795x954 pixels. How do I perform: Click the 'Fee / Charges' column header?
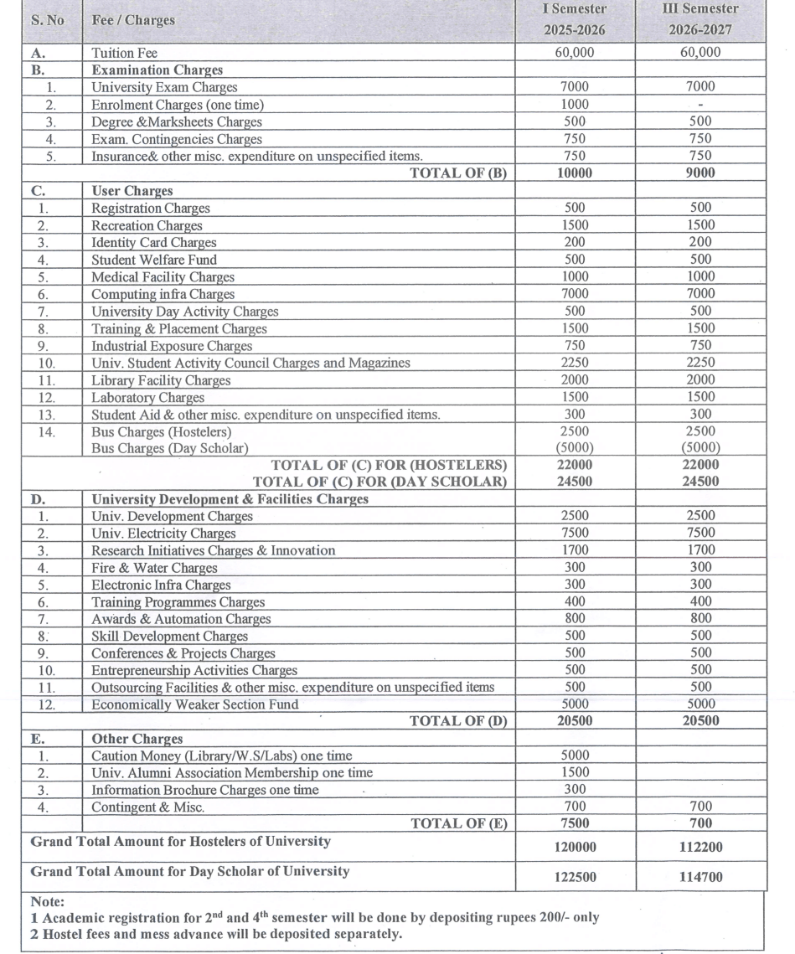(x=133, y=20)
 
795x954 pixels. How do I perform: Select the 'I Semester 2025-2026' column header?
(x=574, y=20)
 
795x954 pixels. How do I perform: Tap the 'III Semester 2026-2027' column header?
(x=699, y=20)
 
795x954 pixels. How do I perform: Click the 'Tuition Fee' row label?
(x=124, y=53)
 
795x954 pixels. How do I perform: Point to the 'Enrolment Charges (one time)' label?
(x=177, y=105)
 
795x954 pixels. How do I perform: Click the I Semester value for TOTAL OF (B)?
(x=574, y=173)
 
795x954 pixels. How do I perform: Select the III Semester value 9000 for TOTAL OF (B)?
(x=699, y=173)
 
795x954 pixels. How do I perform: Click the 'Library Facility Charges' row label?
(x=160, y=380)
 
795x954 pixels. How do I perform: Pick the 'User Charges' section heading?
(x=132, y=191)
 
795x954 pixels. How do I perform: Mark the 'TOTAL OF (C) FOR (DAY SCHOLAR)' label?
(x=379, y=482)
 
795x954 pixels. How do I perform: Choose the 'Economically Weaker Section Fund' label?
(x=194, y=704)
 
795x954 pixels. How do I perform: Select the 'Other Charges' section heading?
(x=137, y=739)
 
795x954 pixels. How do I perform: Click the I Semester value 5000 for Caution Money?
(x=574, y=755)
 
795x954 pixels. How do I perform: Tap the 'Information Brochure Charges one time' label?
(x=204, y=790)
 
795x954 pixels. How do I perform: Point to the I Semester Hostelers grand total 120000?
(x=575, y=848)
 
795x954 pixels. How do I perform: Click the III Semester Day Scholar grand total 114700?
(x=700, y=878)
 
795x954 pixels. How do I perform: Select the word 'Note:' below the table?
(x=47, y=902)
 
